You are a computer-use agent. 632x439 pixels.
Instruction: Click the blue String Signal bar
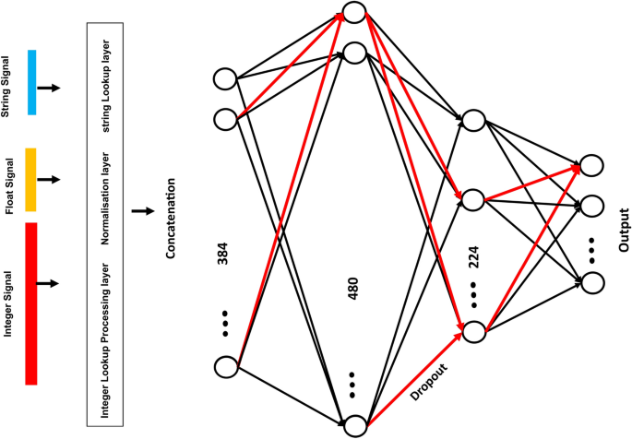coord(31,82)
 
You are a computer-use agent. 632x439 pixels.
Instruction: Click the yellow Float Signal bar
coord(31,178)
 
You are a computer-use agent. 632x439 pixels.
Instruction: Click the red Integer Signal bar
coord(31,303)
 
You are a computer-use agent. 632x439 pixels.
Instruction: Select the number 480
coord(352,289)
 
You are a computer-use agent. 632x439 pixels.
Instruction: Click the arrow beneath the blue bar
coord(53,88)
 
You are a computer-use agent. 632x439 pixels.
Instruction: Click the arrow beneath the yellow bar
coord(53,178)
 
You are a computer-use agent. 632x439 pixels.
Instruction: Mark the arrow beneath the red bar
coord(53,282)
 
